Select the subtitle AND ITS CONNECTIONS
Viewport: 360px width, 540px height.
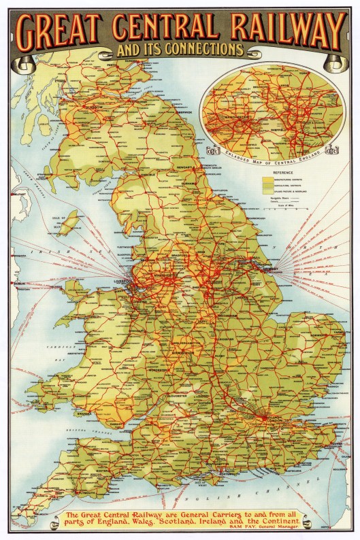tap(180, 50)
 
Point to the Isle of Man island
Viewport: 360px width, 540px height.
tap(67, 224)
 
